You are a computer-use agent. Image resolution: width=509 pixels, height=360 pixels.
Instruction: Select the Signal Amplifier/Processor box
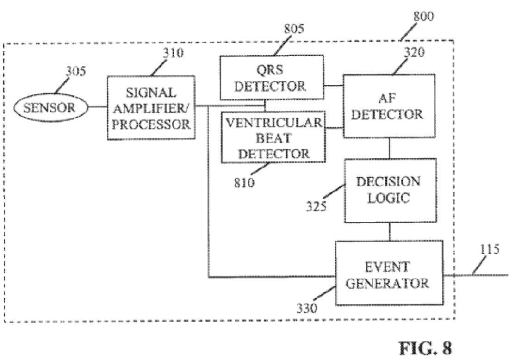click(151, 107)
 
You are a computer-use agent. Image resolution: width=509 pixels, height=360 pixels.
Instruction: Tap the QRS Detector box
click(272, 77)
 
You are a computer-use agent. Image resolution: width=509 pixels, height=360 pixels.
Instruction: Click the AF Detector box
click(389, 106)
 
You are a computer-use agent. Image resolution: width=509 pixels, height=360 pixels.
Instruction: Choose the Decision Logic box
click(390, 190)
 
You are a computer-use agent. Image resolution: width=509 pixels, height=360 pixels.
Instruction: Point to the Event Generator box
click(389, 273)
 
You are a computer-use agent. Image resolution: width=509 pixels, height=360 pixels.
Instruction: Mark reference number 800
click(423, 17)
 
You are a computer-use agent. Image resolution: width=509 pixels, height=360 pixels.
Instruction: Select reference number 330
click(307, 307)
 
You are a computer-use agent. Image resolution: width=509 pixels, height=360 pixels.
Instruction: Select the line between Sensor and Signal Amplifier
click(98, 107)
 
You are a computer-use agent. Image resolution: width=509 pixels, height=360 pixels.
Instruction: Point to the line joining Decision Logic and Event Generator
click(390, 231)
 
